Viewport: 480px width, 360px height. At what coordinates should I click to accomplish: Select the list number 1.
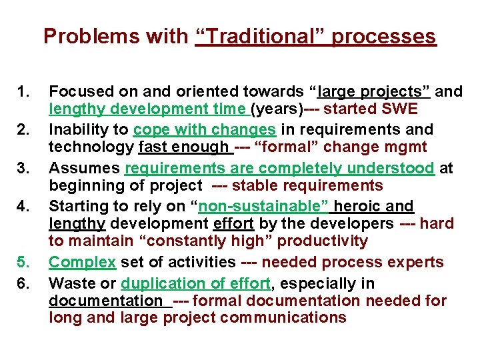[x=25, y=91]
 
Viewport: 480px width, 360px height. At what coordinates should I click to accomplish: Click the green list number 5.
[x=25, y=262]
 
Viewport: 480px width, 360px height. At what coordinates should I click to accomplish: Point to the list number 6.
[x=25, y=283]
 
